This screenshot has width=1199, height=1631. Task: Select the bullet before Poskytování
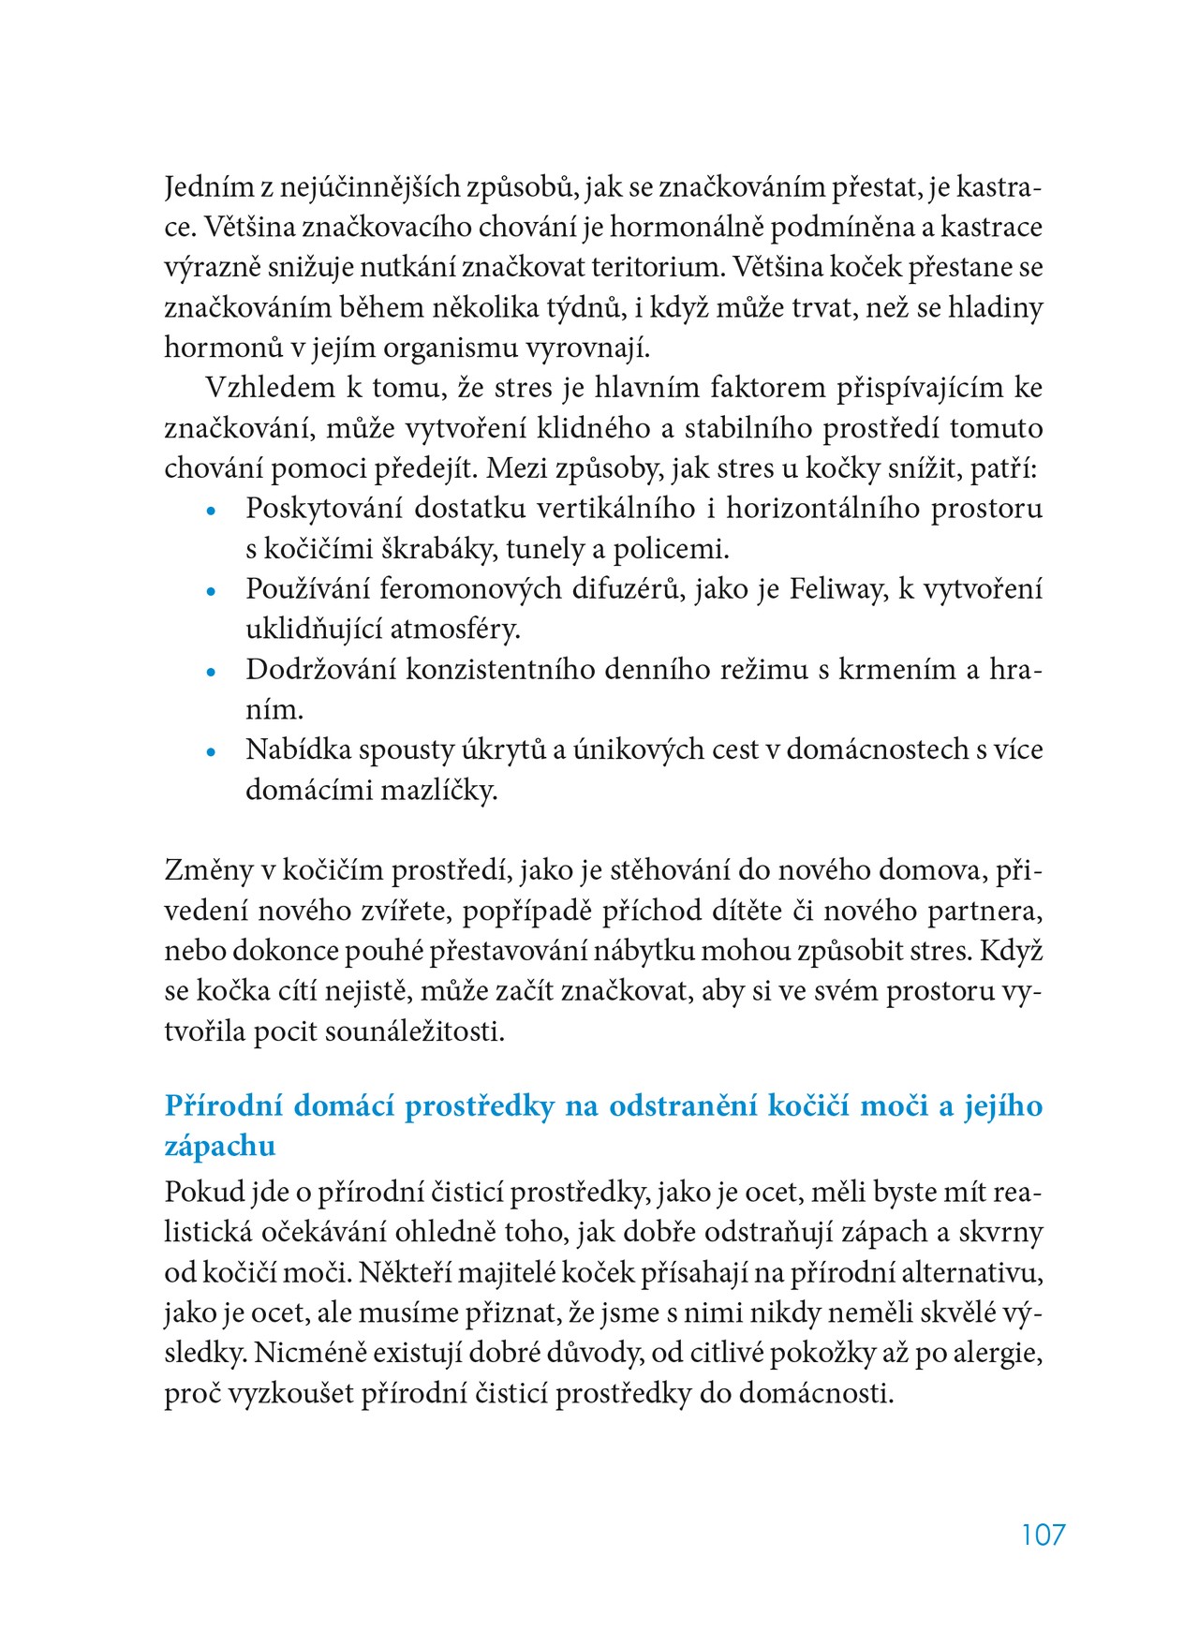point(212,512)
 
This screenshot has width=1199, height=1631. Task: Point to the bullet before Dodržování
point(212,672)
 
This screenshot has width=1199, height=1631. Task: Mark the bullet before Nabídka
point(212,752)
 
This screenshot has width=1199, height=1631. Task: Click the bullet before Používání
point(212,592)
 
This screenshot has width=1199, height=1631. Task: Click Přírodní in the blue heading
point(223,1106)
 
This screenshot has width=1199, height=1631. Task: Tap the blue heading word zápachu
point(220,1146)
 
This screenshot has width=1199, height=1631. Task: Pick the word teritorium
point(658,268)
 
